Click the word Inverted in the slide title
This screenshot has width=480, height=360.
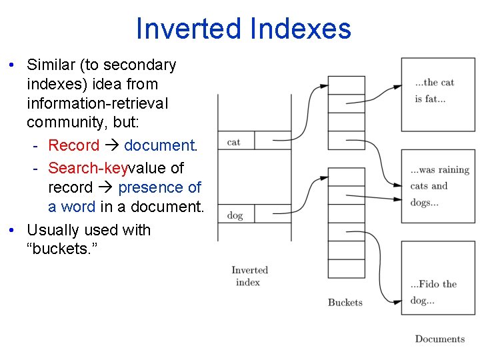tap(188, 29)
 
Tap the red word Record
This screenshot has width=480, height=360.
tap(73, 145)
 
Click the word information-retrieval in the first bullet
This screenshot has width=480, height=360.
tap(97, 103)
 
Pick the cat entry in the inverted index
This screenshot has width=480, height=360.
tap(235, 141)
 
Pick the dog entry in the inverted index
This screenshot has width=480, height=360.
tap(235, 215)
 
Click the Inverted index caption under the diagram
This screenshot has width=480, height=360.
tap(249, 276)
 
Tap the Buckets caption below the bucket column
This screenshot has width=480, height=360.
tap(345, 302)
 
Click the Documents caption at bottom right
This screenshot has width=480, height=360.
tap(439, 339)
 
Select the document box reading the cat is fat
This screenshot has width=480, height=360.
tap(437, 93)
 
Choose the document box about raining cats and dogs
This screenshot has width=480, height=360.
tap(437, 186)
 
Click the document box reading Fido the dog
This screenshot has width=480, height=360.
tap(437, 278)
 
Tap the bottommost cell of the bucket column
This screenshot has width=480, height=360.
tap(347, 287)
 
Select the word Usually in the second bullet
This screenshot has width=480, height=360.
tap(55, 230)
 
